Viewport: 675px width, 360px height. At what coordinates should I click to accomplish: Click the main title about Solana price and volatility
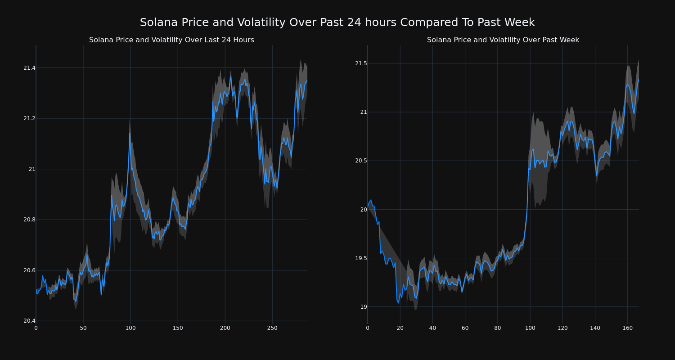(x=337, y=22)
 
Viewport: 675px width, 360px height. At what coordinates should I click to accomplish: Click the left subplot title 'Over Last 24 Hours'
(x=171, y=40)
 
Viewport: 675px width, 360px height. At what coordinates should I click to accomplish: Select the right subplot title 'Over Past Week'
(x=503, y=40)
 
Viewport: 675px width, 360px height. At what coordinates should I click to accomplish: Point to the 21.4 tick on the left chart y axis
(x=29, y=68)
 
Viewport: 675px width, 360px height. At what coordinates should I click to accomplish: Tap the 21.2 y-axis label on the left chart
(x=29, y=118)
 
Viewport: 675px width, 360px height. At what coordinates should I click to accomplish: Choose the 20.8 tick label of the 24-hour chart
(x=29, y=220)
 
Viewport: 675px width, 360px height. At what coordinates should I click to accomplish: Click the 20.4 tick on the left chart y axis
(x=29, y=321)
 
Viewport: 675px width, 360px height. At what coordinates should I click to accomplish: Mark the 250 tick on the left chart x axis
(x=272, y=328)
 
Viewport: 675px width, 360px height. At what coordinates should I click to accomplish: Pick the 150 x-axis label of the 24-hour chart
(x=178, y=328)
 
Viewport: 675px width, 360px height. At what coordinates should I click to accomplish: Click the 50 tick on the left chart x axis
(x=83, y=328)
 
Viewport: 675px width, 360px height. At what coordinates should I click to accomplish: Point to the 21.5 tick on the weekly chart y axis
(x=361, y=63)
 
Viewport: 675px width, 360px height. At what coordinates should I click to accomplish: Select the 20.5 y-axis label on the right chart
(x=361, y=161)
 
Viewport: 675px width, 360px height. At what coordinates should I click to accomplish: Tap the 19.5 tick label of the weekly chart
(x=361, y=258)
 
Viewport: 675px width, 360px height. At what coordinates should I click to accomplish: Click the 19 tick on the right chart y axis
(x=363, y=307)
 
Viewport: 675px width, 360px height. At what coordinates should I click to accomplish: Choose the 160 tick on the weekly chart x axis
(x=627, y=328)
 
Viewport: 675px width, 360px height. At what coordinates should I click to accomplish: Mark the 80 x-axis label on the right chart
(x=497, y=328)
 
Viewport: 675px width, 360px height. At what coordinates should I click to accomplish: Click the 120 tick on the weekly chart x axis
(x=562, y=328)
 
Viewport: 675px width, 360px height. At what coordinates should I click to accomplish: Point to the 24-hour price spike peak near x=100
(x=130, y=133)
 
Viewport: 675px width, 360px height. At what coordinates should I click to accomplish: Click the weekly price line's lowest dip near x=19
(x=398, y=303)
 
